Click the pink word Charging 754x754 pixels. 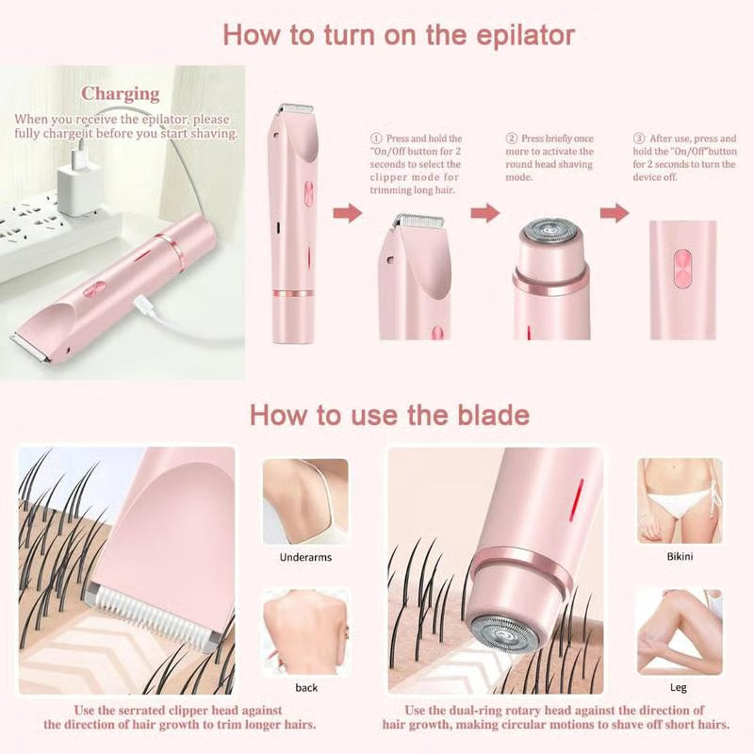[x=120, y=93]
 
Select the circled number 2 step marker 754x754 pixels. [x=513, y=138]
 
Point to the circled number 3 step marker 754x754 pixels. [x=638, y=138]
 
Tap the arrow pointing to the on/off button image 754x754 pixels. [x=615, y=213]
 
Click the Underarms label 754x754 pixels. [x=305, y=557]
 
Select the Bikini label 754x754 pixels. [x=679, y=557]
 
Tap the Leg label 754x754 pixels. [x=679, y=688]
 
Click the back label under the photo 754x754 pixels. [x=306, y=688]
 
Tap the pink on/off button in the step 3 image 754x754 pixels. [x=682, y=264]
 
